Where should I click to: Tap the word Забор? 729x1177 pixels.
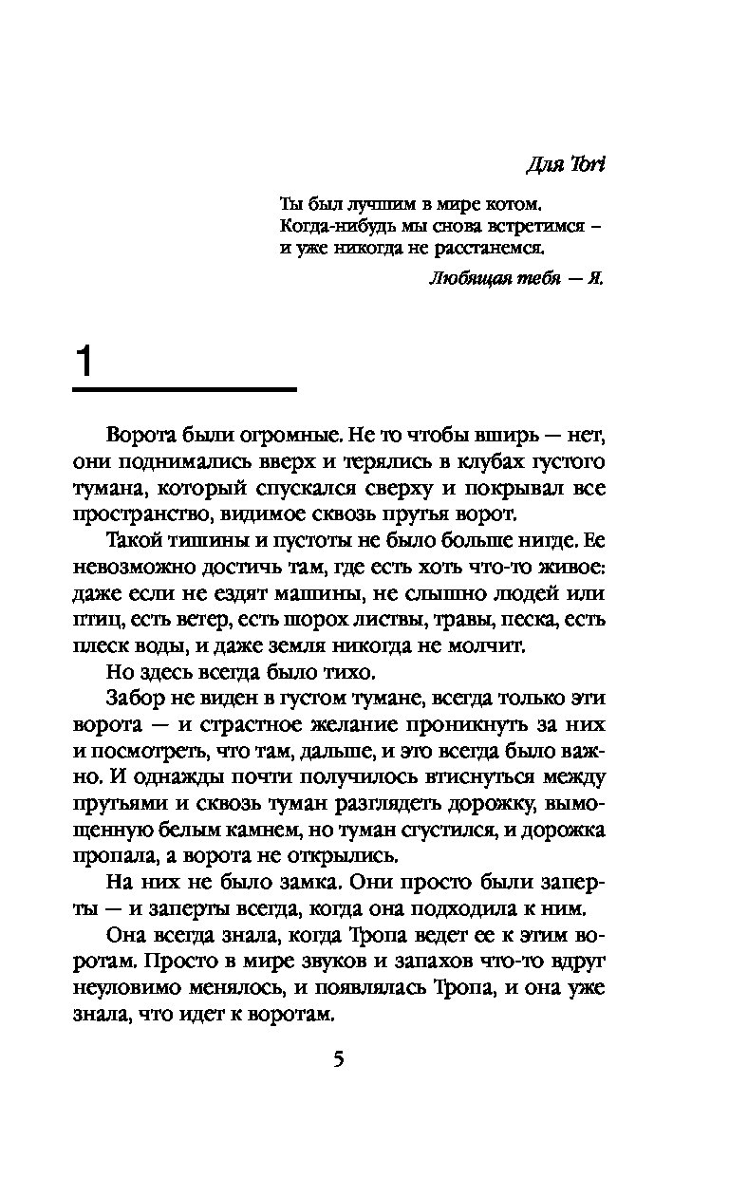coord(136,701)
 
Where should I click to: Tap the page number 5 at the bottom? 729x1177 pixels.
coord(338,1059)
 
